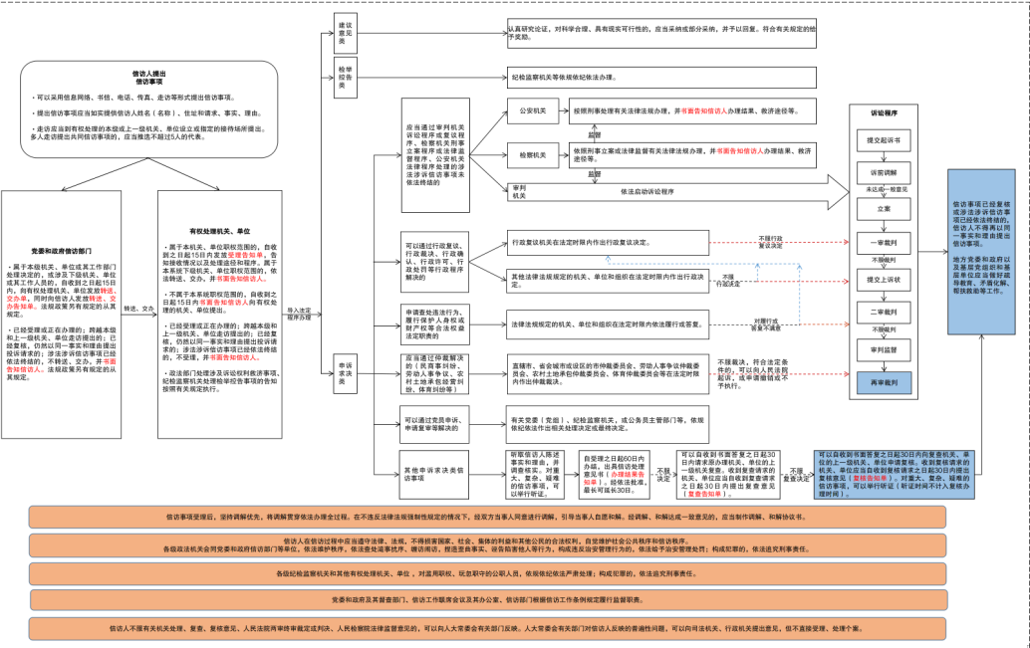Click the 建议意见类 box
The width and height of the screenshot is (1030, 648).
click(346, 33)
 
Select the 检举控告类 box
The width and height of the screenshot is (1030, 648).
click(346, 77)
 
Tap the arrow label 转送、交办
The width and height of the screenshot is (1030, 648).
click(140, 309)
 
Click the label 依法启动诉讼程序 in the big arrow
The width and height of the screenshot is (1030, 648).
click(647, 191)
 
